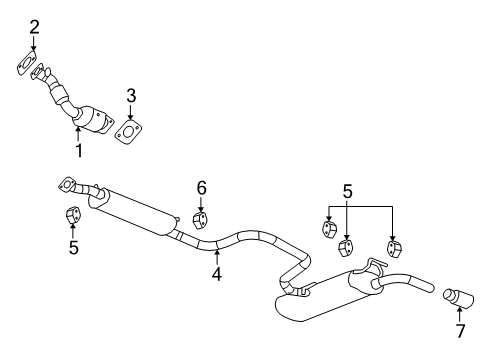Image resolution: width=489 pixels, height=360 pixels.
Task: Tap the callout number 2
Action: point(34,27)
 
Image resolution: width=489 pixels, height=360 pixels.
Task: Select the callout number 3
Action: point(131,96)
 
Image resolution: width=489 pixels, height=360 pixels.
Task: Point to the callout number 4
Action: point(216,271)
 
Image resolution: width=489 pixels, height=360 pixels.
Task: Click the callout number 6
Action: point(201,187)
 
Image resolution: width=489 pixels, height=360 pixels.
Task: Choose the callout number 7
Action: point(460,330)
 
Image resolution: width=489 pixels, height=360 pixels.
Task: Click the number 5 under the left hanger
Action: point(73,246)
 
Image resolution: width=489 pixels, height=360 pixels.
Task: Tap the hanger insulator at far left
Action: point(73,215)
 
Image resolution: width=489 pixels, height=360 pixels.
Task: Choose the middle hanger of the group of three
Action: point(347,246)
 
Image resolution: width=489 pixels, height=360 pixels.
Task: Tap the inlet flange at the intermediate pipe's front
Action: point(68,183)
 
